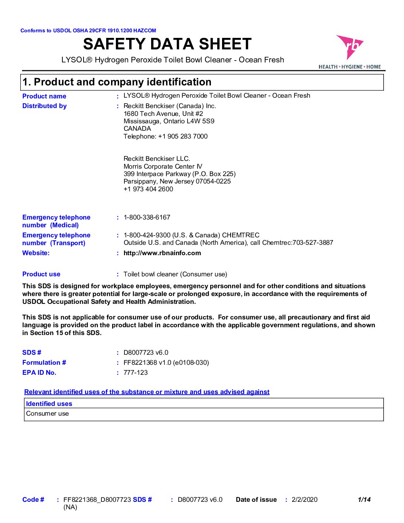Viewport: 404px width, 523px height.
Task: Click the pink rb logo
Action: [349, 47]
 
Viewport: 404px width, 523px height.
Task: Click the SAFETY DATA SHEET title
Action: [167, 44]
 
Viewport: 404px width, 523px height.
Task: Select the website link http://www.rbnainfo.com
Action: [162, 253]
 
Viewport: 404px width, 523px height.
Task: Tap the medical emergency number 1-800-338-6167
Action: [147, 217]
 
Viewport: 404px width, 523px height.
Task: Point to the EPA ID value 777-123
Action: [136, 373]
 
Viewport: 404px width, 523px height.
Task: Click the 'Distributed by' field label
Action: [45, 106]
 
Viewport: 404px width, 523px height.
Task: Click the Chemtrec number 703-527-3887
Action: [313, 243]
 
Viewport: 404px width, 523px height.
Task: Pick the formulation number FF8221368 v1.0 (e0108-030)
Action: [166, 363]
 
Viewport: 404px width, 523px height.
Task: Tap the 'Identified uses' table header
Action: [49, 404]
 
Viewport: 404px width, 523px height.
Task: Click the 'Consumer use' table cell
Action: [48, 414]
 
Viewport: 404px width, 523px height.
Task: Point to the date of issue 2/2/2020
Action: [304, 500]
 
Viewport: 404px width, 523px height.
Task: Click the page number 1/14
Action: [364, 500]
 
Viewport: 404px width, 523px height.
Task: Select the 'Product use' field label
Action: [41, 274]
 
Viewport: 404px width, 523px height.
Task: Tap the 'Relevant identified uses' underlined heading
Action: [147, 392]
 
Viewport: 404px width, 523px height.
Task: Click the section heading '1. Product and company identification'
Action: [117, 82]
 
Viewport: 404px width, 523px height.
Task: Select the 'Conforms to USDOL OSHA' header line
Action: [88, 30]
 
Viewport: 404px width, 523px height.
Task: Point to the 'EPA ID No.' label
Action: [39, 373]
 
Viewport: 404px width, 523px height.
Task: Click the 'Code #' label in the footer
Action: [33, 500]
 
